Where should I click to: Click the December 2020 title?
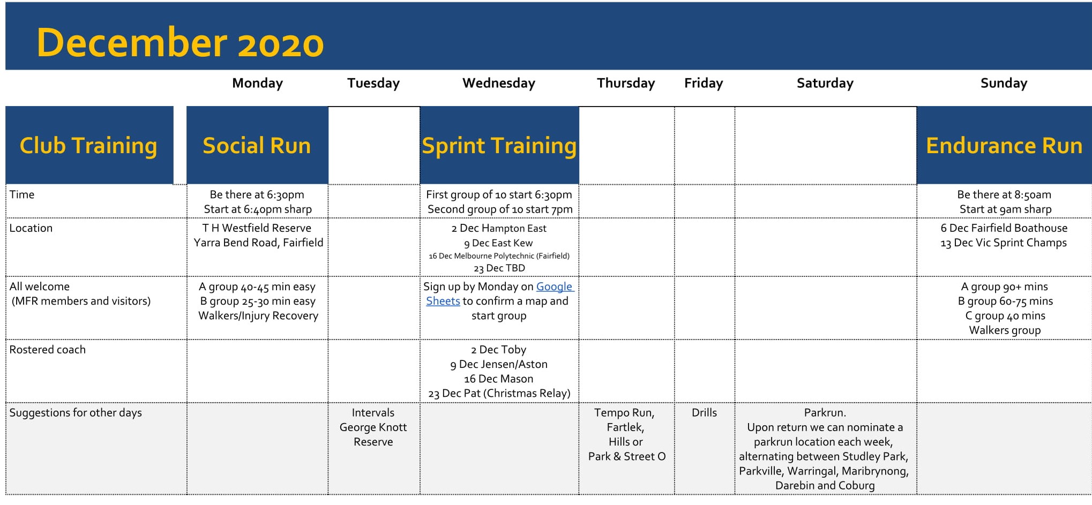(x=180, y=43)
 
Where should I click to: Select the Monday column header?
(x=257, y=83)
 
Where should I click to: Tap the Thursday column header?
(x=626, y=83)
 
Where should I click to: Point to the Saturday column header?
(x=825, y=83)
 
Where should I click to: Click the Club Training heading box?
(x=89, y=145)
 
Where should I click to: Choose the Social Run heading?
(x=257, y=145)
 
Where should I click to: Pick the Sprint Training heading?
(x=499, y=146)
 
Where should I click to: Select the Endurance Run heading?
(x=1004, y=146)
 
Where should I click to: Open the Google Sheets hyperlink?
(x=500, y=293)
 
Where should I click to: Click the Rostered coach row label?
(x=47, y=350)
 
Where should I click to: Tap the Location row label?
(x=31, y=228)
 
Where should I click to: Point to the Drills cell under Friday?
(x=704, y=412)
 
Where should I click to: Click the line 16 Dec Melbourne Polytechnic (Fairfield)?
(x=499, y=256)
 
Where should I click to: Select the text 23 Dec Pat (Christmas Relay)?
(x=499, y=394)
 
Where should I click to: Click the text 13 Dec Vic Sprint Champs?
(x=1004, y=243)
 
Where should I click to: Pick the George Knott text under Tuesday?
(x=373, y=427)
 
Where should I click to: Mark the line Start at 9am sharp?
(x=1005, y=209)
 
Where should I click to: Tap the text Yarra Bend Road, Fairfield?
(x=258, y=243)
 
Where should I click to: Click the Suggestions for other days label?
(x=76, y=413)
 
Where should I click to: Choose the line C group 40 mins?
(x=1005, y=316)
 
